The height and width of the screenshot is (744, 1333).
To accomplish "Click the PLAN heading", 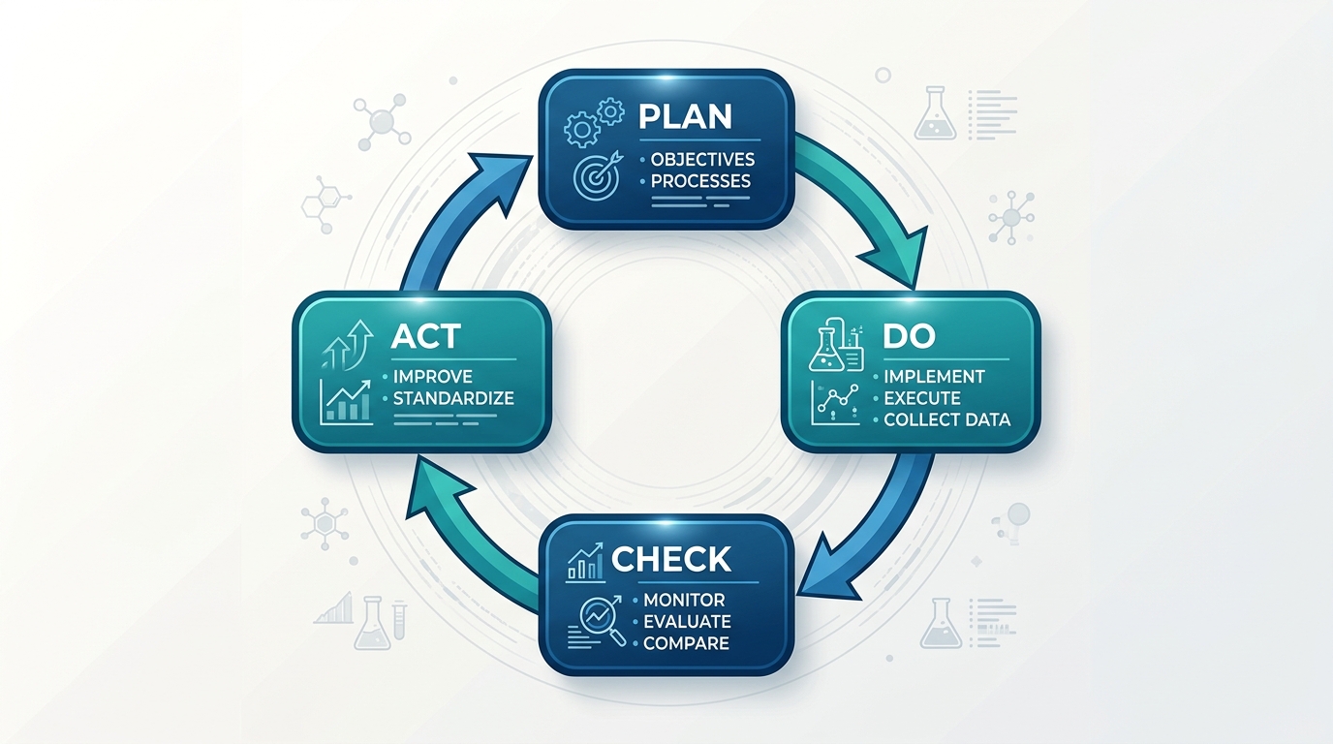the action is [685, 116].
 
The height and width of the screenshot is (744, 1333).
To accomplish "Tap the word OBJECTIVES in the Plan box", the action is [702, 160].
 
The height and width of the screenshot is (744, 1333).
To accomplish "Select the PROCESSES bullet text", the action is [700, 181].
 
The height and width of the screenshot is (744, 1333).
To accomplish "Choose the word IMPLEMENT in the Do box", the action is [934, 377].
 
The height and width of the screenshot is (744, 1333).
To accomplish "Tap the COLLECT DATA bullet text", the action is [946, 419].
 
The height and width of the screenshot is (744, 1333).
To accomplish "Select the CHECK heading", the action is [671, 559].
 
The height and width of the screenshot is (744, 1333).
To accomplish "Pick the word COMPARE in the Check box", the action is [686, 643].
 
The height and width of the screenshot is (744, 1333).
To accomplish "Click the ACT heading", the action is [425, 336].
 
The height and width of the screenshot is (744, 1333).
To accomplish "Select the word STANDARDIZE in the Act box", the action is [453, 398].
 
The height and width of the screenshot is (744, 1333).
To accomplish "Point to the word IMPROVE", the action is [433, 377].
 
